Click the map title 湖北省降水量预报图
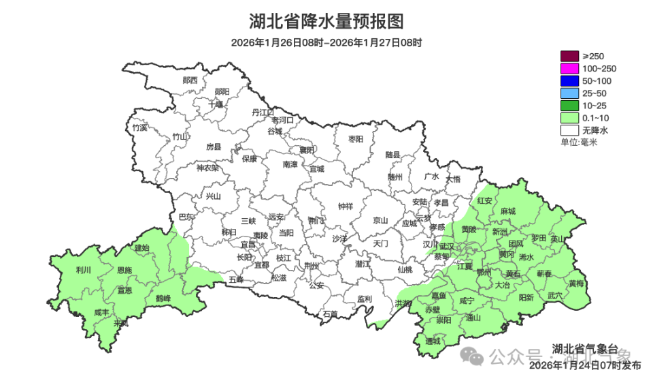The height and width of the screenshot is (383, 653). pyautogui.click(x=326, y=22)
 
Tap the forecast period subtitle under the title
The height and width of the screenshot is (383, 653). pyautogui.click(x=326, y=43)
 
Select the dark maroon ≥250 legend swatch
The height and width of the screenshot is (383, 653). pyautogui.click(x=569, y=56)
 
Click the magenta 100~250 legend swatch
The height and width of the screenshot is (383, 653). pyautogui.click(x=569, y=68)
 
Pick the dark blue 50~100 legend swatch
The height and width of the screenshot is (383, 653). pyautogui.click(x=569, y=80)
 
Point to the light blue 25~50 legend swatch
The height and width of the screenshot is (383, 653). pyautogui.click(x=569, y=93)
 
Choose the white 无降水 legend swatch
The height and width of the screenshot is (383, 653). pyautogui.click(x=569, y=129)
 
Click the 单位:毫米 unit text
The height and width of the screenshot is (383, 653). pyautogui.click(x=578, y=142)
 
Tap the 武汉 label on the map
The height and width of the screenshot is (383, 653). pyautogui.click(x=448, y=246)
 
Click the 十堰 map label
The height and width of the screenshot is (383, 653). pyautogui.click(x=216, y=104)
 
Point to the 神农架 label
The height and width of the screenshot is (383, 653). pyautogui.click(x=207, y=168)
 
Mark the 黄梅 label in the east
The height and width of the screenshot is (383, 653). pyautogui.click(x=576, y=284)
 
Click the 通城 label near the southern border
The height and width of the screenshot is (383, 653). pyautogui.click(x=433, y=341)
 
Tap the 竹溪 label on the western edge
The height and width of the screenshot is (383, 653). pyautogui.click(x=139, y=127)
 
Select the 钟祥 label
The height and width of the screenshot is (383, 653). pyautogui.click(x=346, y=206)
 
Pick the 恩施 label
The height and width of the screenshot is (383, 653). pyautogui.click(x=124, y=271)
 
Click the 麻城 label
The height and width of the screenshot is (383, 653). pyautogui.click(x=507, y=211)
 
